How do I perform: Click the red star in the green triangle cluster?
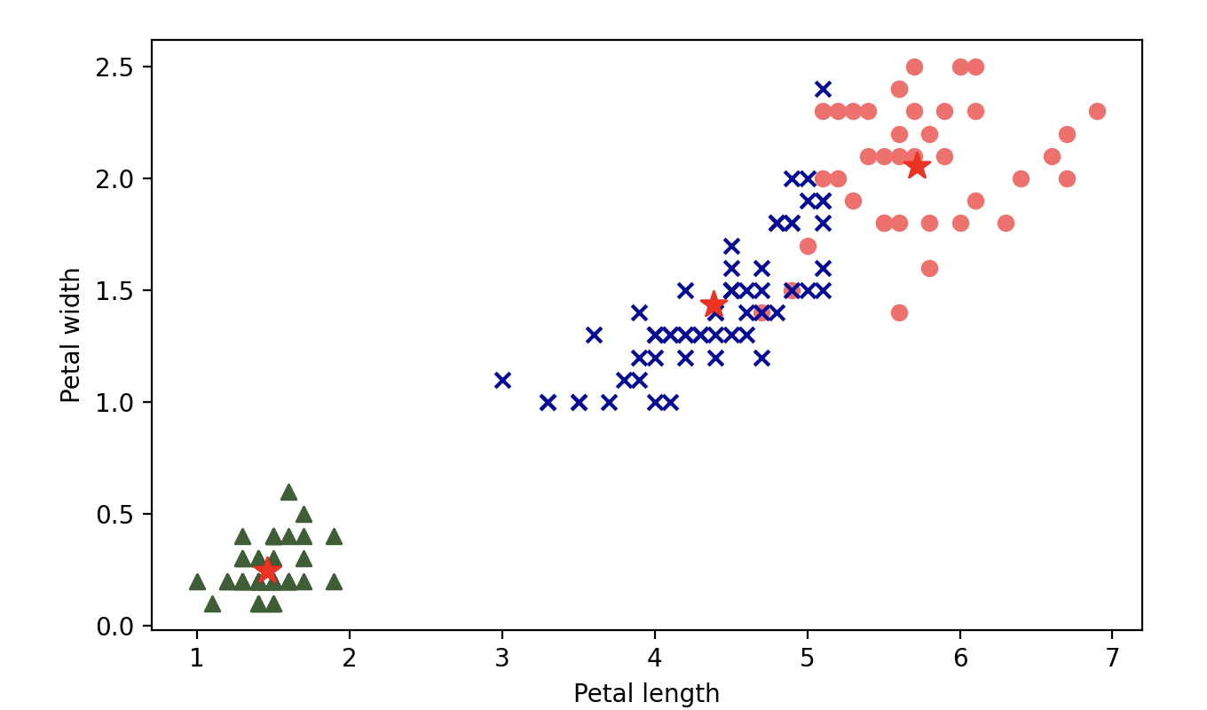[267, 569]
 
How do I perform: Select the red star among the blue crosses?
[714, 304]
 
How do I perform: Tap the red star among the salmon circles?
[917, 166]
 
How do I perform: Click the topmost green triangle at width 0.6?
[288, 492]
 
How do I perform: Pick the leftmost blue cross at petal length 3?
[502, 380]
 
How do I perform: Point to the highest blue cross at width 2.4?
[823, 89]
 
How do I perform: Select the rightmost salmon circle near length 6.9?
[1097, 111]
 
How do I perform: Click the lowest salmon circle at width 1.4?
[899, 312]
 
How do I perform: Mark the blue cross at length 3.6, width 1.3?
[594, 335]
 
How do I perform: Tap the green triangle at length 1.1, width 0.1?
[212, 603]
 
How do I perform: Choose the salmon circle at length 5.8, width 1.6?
[929, 268]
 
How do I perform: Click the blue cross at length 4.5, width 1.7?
[731, 245]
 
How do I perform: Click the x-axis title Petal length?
[646, 693]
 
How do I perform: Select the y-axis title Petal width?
[71, 335]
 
